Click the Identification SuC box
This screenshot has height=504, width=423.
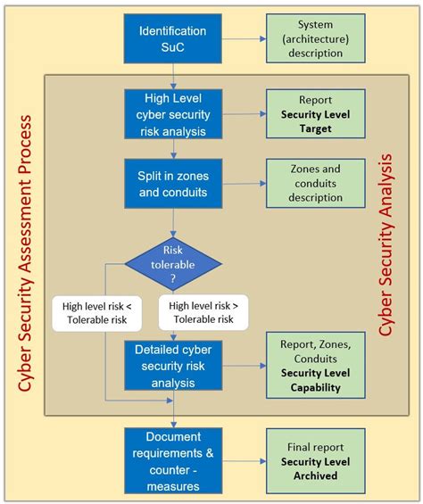click(172, 37)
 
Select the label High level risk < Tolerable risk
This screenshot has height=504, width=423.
click(96, 313)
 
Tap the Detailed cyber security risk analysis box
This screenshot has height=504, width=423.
click(172, 366)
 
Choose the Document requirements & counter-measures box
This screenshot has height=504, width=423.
click(172, 459)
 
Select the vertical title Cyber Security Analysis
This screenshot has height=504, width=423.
click(386, 245)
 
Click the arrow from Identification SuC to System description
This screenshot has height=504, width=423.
click(244, 37)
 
